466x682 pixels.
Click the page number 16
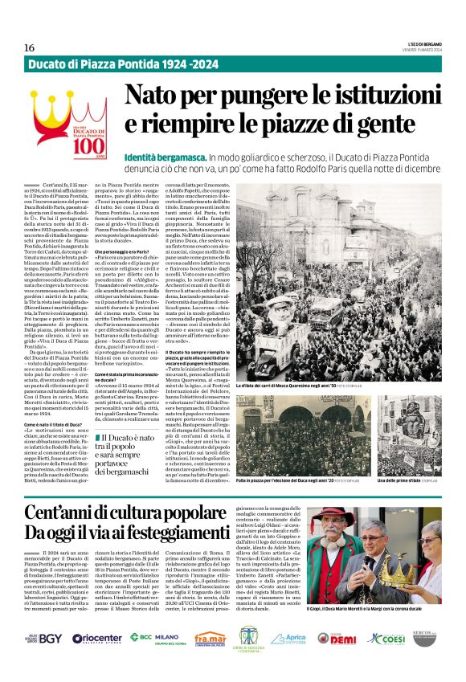[x=30, y=48]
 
